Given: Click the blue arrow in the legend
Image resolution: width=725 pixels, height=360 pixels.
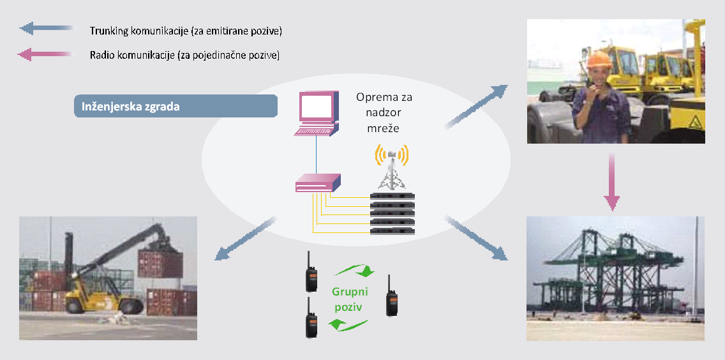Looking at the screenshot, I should click(x=46, y=29).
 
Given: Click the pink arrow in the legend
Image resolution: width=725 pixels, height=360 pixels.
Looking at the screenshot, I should click(x=46, y=56).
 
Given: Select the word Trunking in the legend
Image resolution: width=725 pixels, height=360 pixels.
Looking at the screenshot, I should click(x=109, y=31).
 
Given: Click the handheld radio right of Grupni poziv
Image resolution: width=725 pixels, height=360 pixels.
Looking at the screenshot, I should click(x=391, y=296).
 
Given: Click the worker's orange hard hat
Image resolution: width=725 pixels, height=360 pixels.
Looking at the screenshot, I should click(x=599, y=59).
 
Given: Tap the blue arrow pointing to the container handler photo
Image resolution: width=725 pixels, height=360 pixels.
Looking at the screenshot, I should click(x=246, y=239).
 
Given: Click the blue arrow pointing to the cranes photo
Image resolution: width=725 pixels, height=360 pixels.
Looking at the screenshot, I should click(x=475, y=238).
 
